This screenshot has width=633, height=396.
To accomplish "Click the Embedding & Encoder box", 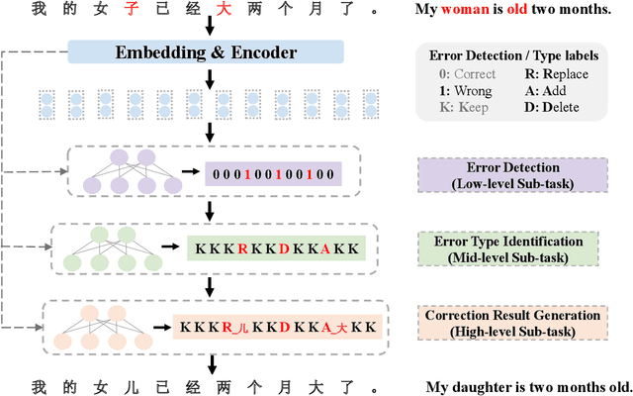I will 207,52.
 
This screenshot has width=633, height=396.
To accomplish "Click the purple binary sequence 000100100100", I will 273,176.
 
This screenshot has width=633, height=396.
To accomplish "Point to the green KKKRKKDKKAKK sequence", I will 277,248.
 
